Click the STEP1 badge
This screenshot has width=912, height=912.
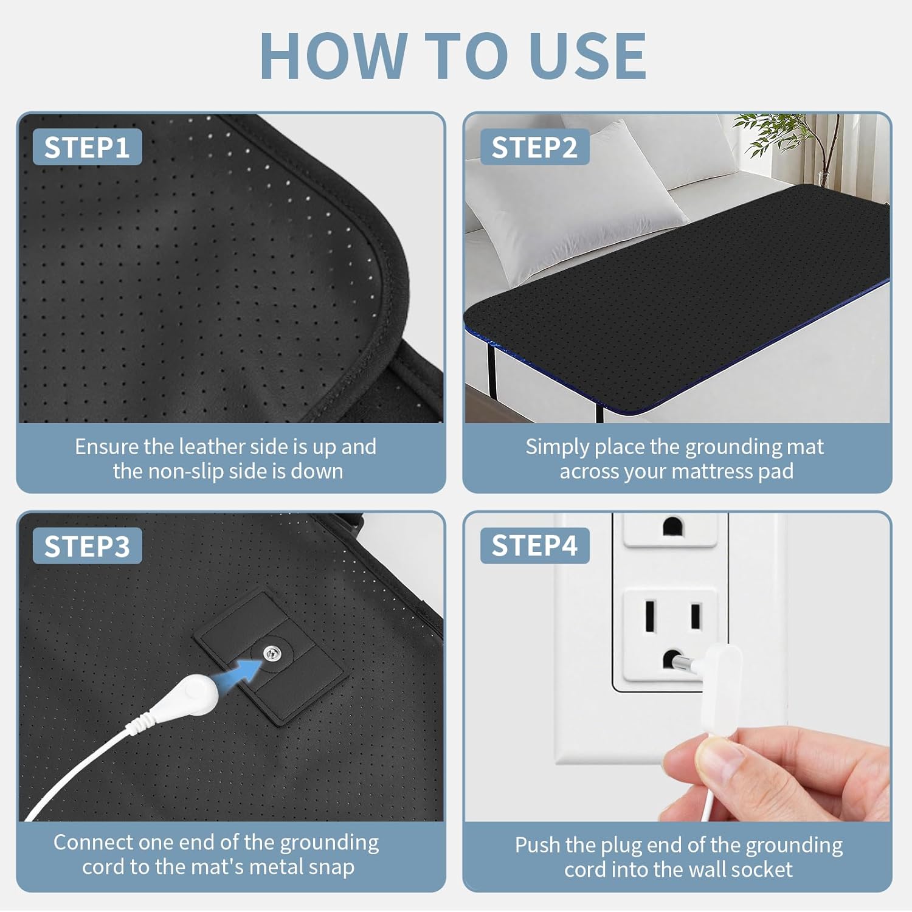tap(87, 147)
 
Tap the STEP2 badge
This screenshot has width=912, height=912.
tap(534, 147)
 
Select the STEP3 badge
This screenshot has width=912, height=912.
tap(87, 546)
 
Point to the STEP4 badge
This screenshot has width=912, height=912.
tap(534, 545)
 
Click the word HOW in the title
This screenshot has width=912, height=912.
tap(333, 56)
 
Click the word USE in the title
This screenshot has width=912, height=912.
tap(587, 56)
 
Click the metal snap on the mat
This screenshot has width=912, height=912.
tap(272, 654)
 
